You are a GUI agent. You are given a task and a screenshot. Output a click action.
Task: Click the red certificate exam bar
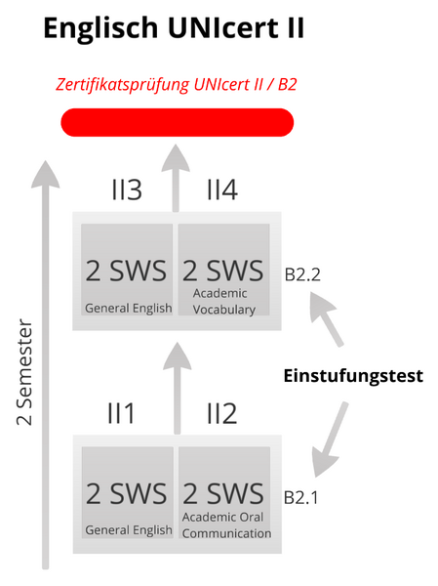178,122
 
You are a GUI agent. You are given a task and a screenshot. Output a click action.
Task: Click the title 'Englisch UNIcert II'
174,27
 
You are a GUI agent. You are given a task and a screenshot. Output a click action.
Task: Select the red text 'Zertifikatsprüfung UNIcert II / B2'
177,84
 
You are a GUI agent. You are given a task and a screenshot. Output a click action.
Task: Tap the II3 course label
127,189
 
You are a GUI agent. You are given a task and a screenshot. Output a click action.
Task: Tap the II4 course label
222,189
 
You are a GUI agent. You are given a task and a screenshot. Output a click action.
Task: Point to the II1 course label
121,413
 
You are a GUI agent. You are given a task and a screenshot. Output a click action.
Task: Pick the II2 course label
222,413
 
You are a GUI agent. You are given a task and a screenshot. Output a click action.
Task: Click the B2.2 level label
302,274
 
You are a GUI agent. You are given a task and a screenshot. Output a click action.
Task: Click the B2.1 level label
301,497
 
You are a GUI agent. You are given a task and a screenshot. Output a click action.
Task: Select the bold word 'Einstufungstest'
353,376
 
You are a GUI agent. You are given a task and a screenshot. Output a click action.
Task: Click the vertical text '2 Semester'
24,372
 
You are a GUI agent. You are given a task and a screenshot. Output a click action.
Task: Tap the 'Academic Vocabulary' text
224,302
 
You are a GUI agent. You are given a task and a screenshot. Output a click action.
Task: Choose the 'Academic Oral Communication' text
226,525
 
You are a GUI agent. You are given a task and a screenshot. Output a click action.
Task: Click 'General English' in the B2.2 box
129,309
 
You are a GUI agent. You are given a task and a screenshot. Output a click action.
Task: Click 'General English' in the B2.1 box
129,530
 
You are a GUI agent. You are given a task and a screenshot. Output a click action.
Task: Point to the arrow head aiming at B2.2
322,305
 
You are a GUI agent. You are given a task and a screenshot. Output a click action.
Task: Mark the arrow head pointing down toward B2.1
323,463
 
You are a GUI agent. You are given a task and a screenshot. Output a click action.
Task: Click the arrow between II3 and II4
176,179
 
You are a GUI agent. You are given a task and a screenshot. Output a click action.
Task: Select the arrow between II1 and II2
177,389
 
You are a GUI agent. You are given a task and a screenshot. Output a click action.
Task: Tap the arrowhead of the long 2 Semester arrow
45,174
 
